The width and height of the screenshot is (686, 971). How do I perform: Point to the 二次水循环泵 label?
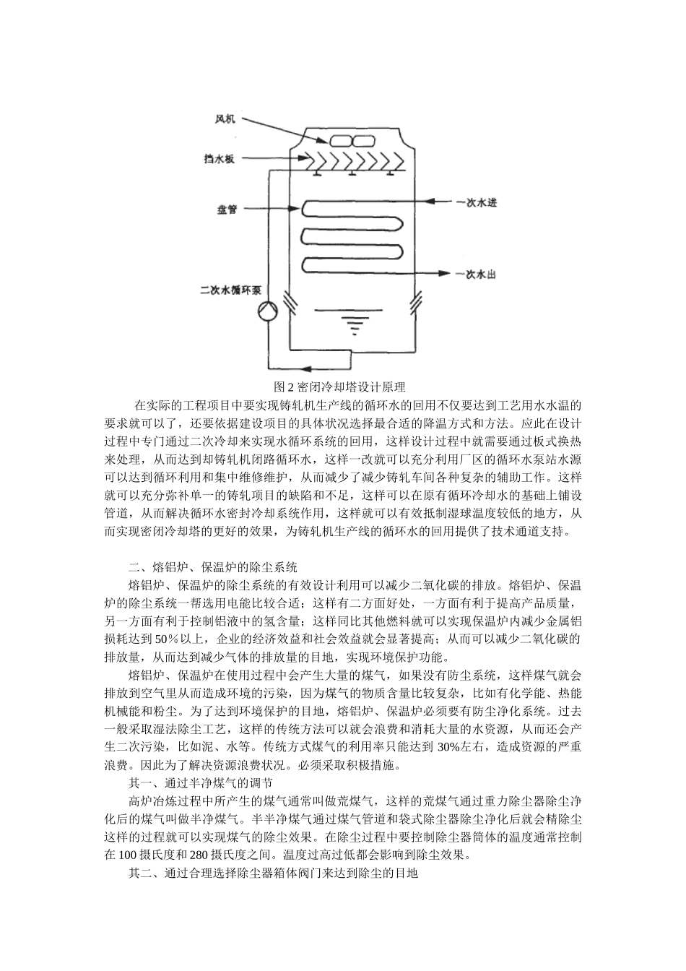[230, 290]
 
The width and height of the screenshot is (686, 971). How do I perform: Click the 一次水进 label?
[477, 203]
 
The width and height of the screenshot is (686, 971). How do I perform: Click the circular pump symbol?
[268, 313]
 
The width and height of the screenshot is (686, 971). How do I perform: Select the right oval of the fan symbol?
[362, 141]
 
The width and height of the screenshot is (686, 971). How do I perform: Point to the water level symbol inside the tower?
[353, 323]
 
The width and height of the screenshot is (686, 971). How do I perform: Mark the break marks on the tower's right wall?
[416, 302]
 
